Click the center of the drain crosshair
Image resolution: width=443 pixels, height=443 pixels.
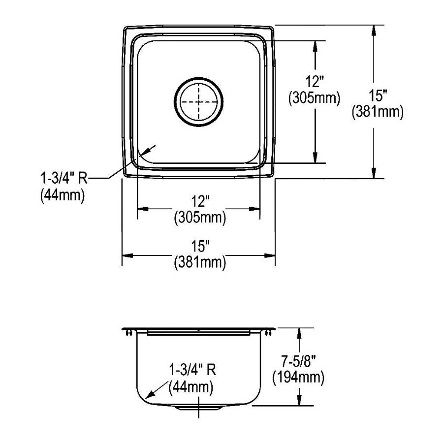pos(199,102)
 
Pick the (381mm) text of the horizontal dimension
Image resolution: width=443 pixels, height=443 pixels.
pos(199,263)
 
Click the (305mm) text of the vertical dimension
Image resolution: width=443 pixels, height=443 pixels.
pos(314,98)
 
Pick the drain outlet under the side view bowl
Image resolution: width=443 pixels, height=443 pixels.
pos(199,409)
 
